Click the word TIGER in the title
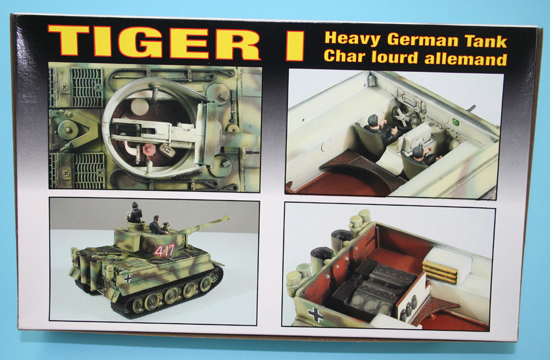154,42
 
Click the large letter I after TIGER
295,46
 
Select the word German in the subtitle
422,40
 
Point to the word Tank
486,41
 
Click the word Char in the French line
345,56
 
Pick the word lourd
395,57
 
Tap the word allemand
466,59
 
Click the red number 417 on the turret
164,250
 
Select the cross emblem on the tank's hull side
128,278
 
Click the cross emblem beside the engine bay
315,314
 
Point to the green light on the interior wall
455,122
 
